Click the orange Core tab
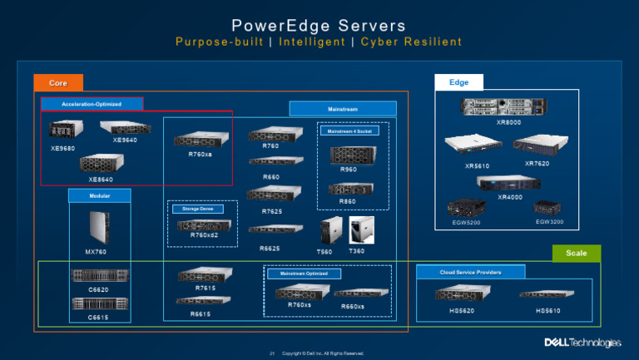[x=58, y=83]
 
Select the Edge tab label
[x=458, y=81]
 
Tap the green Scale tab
[x=576, y=254]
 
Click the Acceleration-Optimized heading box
[x=92, y=104]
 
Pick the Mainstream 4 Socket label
[x=349, y=131]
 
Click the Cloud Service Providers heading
[x=470, y=272]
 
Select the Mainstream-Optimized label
[x=304, y=273]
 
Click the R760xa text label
[x=200, y=154]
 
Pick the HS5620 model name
[x=457, y=311]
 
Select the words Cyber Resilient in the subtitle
[x=410, y=42]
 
